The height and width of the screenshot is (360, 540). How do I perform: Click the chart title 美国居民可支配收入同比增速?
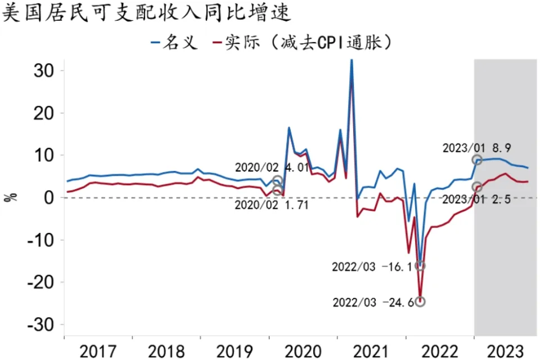tap(147, 12)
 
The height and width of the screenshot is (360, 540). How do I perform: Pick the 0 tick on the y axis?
tap(48, 198)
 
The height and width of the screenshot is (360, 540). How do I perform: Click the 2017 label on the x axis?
tap(98, 351)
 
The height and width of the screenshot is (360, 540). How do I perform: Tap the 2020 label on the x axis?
tap(303, 351)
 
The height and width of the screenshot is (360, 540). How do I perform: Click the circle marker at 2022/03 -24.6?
tap(420, 301)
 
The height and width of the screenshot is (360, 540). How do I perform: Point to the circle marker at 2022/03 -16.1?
tap(420, 265)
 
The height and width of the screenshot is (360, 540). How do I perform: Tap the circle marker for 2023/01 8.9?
tap(477, 160)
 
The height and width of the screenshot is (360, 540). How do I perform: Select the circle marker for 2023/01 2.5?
tap(477, 187)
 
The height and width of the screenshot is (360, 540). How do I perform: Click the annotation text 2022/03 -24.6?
tap(372, 303)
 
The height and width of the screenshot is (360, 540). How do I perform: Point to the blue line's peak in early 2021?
tap(352, 60)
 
